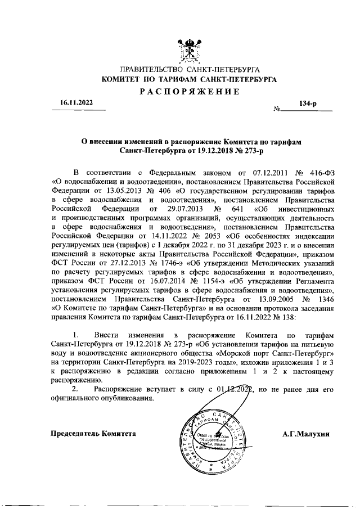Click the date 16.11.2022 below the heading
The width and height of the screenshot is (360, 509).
click(x=69, y=103)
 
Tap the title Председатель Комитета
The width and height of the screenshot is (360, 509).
click(x=93, y=434)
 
